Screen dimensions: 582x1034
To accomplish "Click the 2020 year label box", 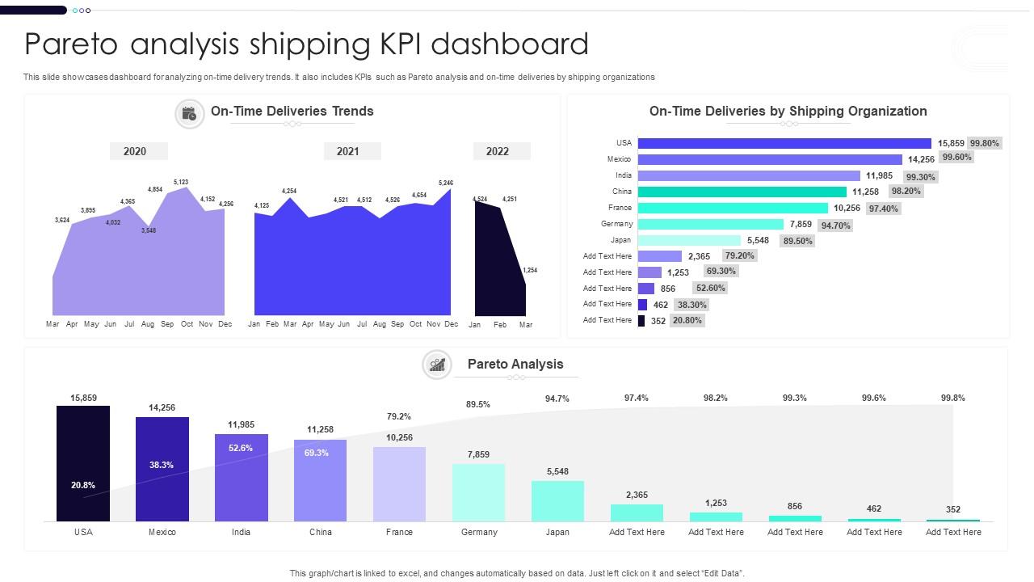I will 135,151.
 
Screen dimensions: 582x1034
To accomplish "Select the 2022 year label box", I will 498,151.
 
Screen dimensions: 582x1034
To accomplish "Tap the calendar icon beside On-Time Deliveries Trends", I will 189,114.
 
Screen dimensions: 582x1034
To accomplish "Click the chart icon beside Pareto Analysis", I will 437,365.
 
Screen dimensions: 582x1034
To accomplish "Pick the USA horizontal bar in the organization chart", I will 784,143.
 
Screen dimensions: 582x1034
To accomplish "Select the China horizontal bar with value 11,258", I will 742,192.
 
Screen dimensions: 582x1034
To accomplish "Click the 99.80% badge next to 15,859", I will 985,143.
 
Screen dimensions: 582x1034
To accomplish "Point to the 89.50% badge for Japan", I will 797,241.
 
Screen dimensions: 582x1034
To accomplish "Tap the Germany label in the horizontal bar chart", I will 617,224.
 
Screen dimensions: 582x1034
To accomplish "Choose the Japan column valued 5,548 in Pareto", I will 557,500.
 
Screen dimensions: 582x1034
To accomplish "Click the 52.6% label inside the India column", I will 241,448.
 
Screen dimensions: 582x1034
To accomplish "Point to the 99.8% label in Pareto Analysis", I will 953,398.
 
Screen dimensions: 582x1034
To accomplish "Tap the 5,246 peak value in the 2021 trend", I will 445,183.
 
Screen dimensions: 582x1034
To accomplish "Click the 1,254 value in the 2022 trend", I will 530,270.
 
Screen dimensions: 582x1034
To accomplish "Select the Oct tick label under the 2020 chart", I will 187,324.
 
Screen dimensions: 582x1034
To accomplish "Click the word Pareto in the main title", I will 74,44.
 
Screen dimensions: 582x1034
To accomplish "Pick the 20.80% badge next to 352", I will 687,320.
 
